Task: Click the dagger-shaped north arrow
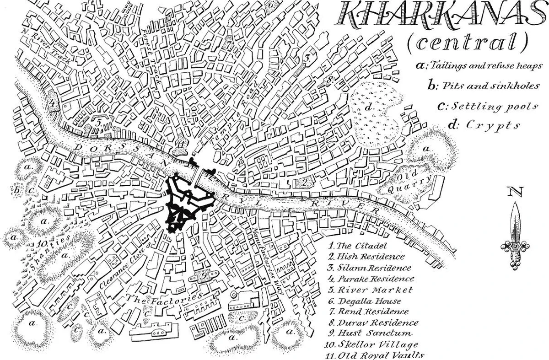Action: pos(515,233)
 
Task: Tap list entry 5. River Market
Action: pos(370,290)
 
